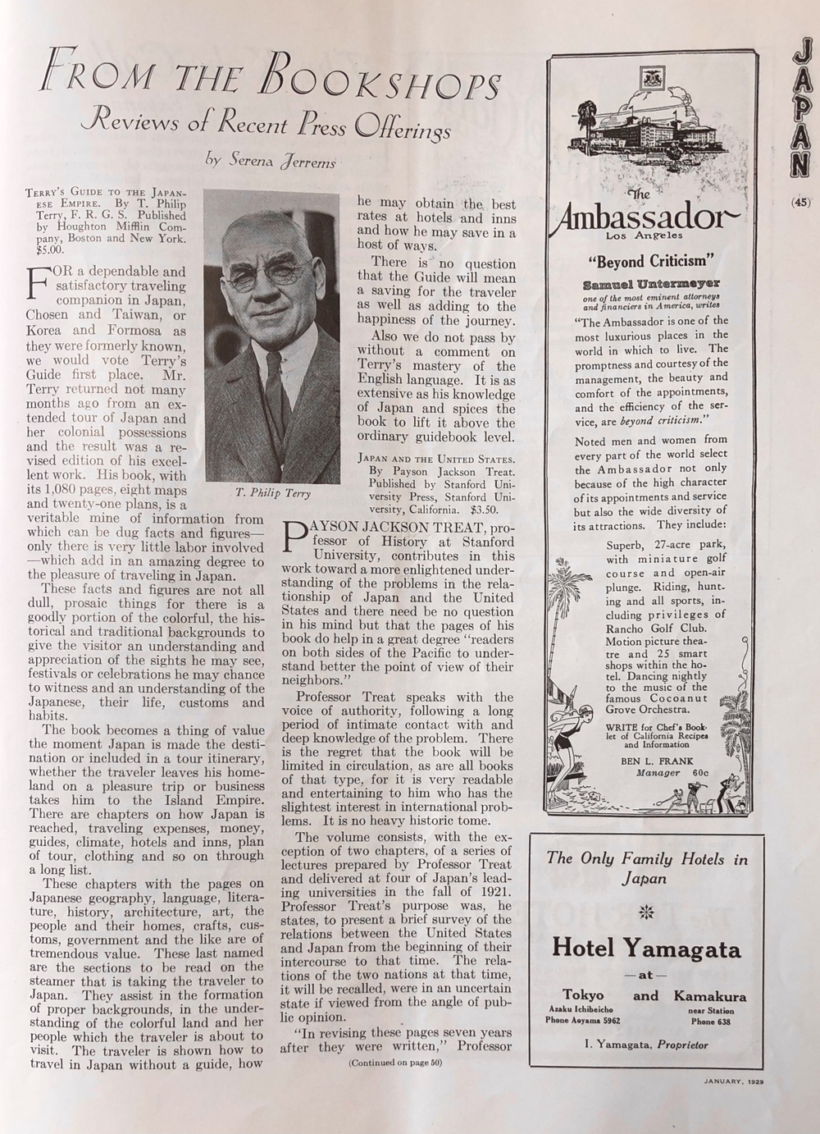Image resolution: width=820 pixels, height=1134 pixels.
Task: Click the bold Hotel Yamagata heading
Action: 647,949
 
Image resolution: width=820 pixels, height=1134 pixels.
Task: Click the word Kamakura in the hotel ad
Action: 710,996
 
